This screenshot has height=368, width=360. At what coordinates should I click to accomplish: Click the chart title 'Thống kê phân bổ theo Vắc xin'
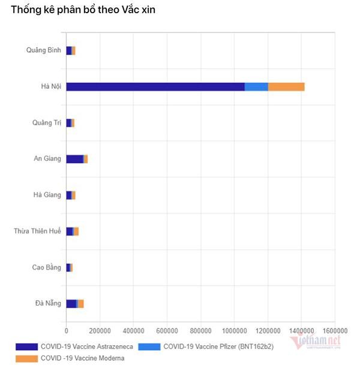[x=83, y=10]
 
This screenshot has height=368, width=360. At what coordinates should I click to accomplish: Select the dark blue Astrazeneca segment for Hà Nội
[x=155, y=86]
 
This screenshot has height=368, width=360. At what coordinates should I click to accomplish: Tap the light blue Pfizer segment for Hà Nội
[x=256, y=86]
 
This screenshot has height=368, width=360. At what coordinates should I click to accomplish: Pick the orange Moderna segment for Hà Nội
[x=286, y=86]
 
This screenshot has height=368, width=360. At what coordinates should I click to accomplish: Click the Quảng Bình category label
[x=44, y=50]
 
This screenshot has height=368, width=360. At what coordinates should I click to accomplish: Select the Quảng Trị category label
[x=47, y=123]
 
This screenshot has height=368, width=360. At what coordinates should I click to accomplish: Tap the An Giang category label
[x=47, y=158]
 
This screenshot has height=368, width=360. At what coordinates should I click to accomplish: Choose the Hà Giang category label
[x=47, y=195]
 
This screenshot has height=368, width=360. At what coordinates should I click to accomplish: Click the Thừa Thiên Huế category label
[x=37, y=231]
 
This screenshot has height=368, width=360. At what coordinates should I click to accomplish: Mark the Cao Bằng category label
[x=46, y=267]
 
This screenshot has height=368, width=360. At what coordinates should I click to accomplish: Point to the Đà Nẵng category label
[x=48, y=303]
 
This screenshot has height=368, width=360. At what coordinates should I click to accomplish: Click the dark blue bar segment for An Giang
[x=74, y=158]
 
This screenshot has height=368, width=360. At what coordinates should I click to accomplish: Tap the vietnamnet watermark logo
[x=316, y=342]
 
